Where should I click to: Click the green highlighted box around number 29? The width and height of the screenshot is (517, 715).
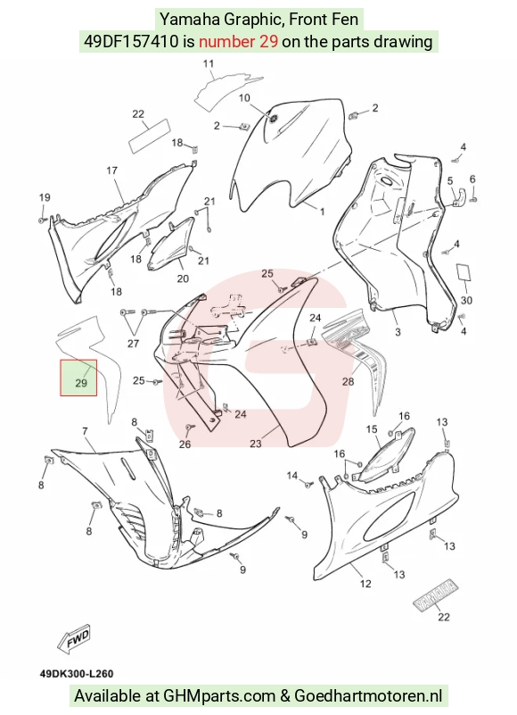(x=78, y=378)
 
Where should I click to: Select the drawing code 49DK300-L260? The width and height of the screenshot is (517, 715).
(x=77, y=674)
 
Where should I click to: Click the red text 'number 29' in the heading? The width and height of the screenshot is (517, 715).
(x=238, y=41)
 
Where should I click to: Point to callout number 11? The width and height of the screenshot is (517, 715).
(x=209, y=63)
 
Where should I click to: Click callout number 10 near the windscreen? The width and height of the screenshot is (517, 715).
(x=244, y=97)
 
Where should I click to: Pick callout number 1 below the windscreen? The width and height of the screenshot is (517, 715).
(x=323, y=212)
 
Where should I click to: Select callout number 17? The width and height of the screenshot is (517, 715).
(x=112, y=170)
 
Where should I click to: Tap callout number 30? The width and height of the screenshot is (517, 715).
(x=466, y=300)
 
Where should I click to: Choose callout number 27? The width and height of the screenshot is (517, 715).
(x=133, y=343)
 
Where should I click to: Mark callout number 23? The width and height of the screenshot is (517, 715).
(x=256, y=443)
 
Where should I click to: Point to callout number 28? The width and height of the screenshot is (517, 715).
(x=348, y=381)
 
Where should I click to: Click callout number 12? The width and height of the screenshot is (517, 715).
(x=365, y=584)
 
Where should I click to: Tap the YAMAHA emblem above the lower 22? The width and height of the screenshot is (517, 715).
(x=436, y=594)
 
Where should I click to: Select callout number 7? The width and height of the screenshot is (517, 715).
(x=86, y=430)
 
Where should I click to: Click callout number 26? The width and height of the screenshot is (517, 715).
(x=185, y=444)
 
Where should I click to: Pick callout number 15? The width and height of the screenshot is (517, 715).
(x=372, y=429)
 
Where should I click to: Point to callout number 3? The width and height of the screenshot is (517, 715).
(x=398, y=332)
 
